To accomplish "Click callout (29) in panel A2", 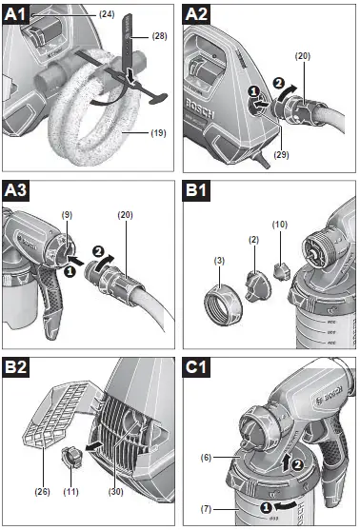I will [x=256, y=152].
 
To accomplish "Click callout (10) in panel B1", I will [x=280, y=226].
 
